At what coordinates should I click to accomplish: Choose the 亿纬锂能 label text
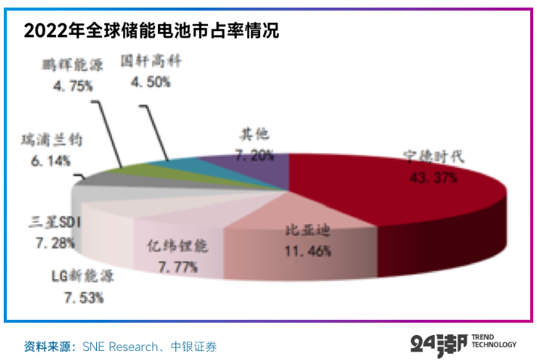click(175, 247)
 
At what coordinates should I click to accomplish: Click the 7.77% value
click(176, 266)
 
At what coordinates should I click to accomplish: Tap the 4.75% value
click(73, 85)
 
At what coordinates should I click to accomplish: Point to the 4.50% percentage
click(151, 81)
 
